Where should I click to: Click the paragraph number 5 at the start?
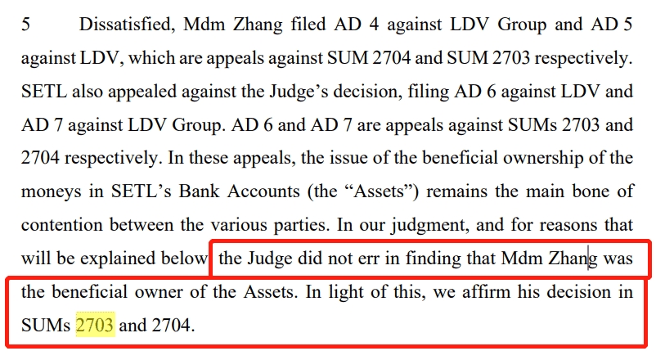pyautogui.click(x=25, y=25)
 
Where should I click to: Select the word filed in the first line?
pyautogui.click(x=308, y=24)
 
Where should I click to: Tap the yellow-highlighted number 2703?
pyautogui.click(x=95, y=325)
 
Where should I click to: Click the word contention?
pyautogui.click(x=62, y=225)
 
